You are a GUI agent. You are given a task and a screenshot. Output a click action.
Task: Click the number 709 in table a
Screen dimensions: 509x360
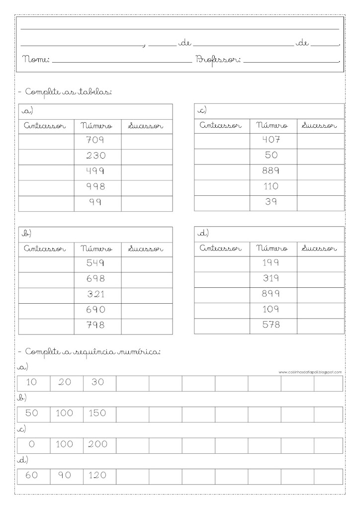[x=95, y=140]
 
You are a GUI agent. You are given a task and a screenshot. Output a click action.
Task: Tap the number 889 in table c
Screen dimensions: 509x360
[x=270, y=171]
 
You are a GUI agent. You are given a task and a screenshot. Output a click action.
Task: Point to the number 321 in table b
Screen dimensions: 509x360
[x=95, y=294]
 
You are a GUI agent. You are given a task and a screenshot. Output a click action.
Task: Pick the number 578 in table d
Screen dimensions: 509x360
[x=270, y=325]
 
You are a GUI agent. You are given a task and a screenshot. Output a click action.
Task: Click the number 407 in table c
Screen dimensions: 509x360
[x=271, y=140]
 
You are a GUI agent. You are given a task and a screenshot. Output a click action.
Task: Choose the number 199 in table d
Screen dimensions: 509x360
[x=270, y=263]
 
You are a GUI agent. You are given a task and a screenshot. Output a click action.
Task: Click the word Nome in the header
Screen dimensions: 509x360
[x=36, y=60]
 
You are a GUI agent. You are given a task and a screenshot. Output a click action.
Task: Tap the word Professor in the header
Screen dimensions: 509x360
[x=219, y=60]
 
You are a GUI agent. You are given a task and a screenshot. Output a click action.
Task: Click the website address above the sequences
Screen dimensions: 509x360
[x=310, y=371]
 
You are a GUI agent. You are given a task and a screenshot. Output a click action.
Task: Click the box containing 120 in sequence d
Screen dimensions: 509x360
[x=99, y=476]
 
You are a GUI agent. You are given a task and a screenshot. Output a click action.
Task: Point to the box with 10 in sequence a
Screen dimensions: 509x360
[x=33, y=383]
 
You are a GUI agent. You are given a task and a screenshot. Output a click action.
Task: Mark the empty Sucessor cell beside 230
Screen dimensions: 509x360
[x=147, y=156]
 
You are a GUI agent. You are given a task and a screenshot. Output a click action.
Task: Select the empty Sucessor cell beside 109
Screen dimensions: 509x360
[x=320, y=310]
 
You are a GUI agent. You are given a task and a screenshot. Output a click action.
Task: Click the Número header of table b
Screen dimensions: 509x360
[x=96, y=249]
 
